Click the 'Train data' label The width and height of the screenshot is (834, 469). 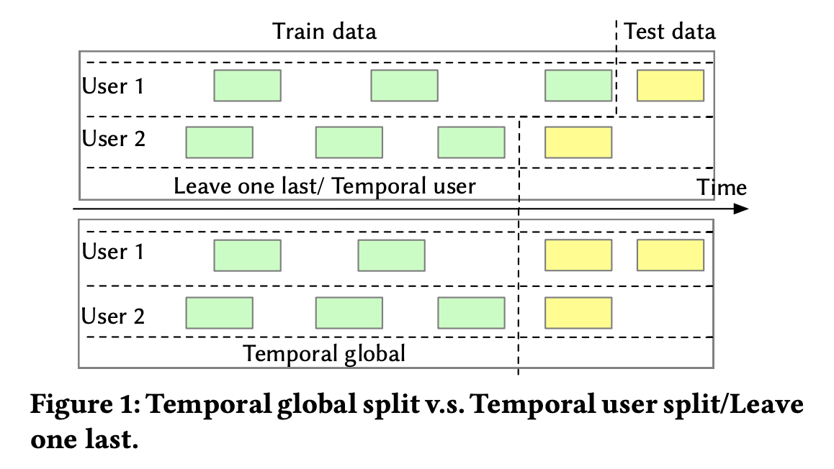(324, 32)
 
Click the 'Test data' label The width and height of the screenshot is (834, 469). (670, 32)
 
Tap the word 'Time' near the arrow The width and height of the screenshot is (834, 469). (722, 188)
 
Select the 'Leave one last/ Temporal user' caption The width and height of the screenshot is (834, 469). (324, 186)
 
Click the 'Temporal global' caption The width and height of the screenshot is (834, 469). (324, 354)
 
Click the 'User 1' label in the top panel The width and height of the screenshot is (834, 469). (113, 86)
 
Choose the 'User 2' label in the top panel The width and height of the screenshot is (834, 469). (114, 138)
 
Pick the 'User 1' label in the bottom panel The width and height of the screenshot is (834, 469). (113, 252)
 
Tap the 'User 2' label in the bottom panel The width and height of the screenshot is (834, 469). (114, 316)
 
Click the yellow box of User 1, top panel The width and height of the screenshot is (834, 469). (670, 86)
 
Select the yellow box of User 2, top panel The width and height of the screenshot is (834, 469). (578, 142)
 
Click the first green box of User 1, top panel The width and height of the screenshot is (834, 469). (247, 86)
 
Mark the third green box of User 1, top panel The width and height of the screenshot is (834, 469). (578, 86)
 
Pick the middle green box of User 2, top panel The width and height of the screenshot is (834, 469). (349, 142)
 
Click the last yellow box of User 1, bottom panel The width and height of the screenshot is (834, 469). (670, 255)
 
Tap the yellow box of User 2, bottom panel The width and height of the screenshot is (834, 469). (578, 312)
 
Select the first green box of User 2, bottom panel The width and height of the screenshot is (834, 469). (219, 312)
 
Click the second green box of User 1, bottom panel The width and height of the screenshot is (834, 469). (391, 255)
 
